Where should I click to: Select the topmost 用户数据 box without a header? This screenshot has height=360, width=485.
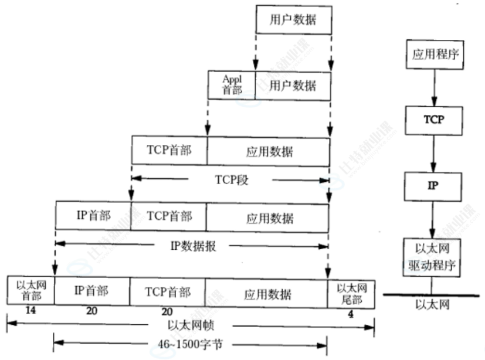click(x=293, y=19)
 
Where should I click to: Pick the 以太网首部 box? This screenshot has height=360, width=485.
click(x=30, y=291)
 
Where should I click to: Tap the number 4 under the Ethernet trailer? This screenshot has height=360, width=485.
click(x=351, y=314)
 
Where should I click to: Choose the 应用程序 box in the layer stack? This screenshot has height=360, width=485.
click(x=435, y=55)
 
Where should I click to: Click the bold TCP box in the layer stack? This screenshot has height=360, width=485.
click(x=434, y=120)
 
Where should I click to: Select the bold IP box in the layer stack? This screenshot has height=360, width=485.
click(x=434, y=185)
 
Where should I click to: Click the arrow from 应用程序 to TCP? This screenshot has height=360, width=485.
click(x=434, y=88)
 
